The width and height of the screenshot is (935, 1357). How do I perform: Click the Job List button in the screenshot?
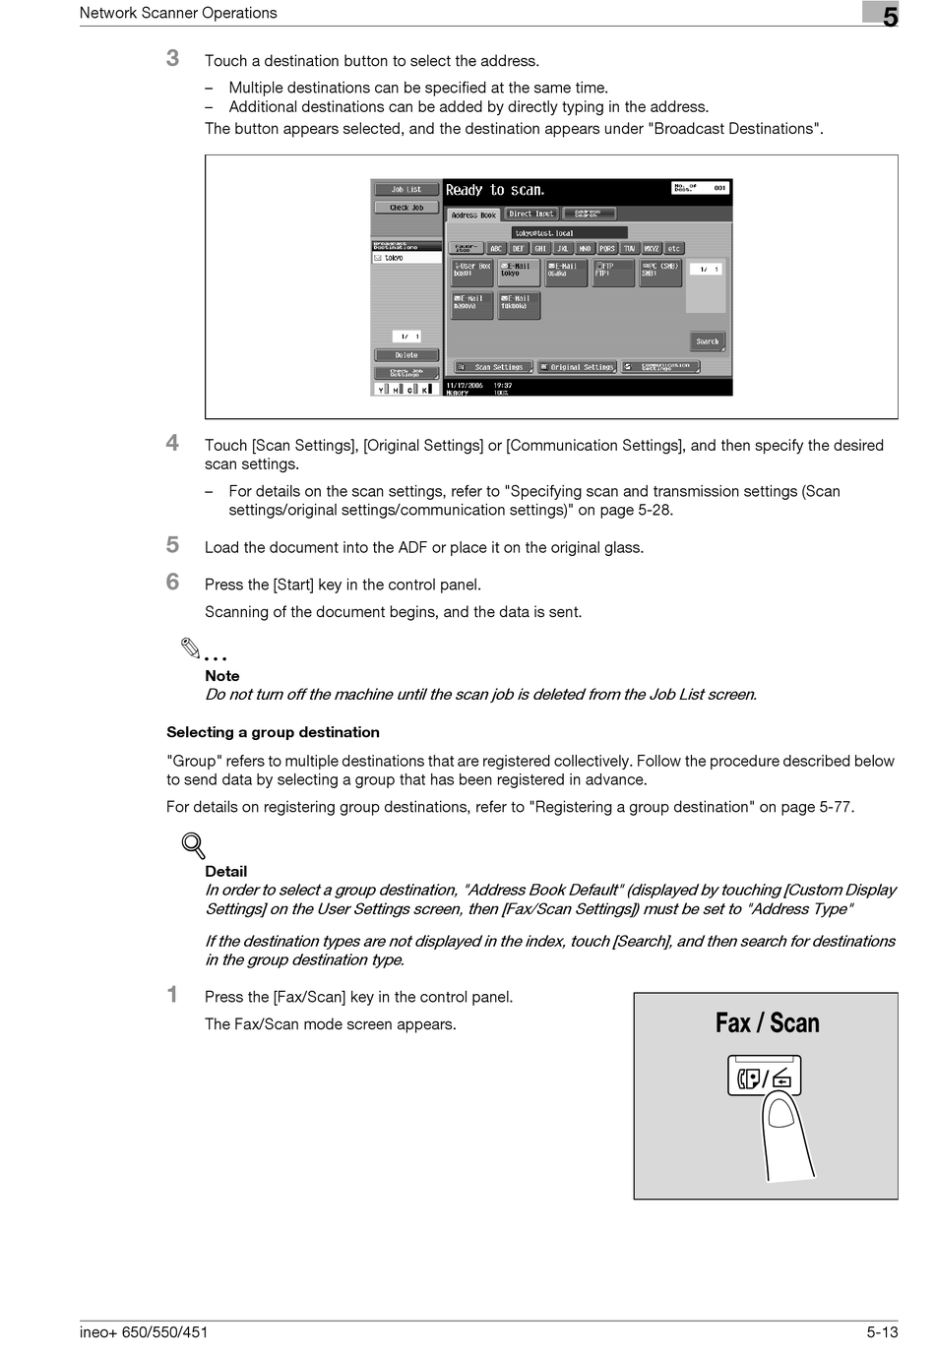406,189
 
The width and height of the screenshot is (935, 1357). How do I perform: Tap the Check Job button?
406,208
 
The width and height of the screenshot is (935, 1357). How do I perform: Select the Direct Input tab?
531,214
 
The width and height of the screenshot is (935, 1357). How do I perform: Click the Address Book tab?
473,215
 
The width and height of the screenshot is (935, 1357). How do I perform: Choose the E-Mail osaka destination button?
566,273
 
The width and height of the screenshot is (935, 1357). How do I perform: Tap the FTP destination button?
613,273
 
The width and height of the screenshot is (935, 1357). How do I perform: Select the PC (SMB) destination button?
660,273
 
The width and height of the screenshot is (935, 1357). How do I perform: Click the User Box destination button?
471,273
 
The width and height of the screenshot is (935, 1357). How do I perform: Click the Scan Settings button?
492,367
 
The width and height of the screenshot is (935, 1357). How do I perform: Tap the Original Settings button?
578,367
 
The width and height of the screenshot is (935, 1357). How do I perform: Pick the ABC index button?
496,249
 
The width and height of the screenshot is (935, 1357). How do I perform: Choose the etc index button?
674,249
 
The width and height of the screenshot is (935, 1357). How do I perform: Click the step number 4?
173,443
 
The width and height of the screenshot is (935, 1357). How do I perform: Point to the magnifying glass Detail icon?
194,845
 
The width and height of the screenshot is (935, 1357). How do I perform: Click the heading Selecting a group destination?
273,732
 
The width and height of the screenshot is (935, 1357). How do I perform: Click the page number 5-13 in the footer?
882,1332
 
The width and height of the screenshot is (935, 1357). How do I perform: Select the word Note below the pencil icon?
222,676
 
